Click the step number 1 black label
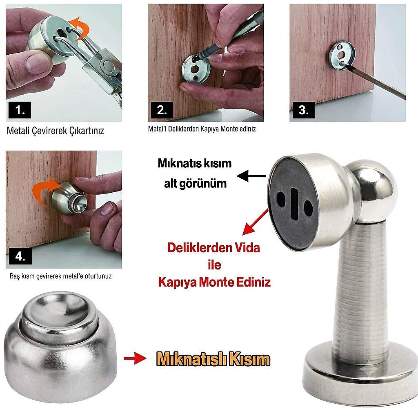20,110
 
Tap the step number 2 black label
162,110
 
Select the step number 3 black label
303,110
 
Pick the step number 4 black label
20,256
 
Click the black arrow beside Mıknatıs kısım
251,176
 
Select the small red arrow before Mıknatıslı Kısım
135,358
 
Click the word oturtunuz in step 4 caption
98,276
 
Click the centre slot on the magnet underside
294,204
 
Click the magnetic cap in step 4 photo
69,198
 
